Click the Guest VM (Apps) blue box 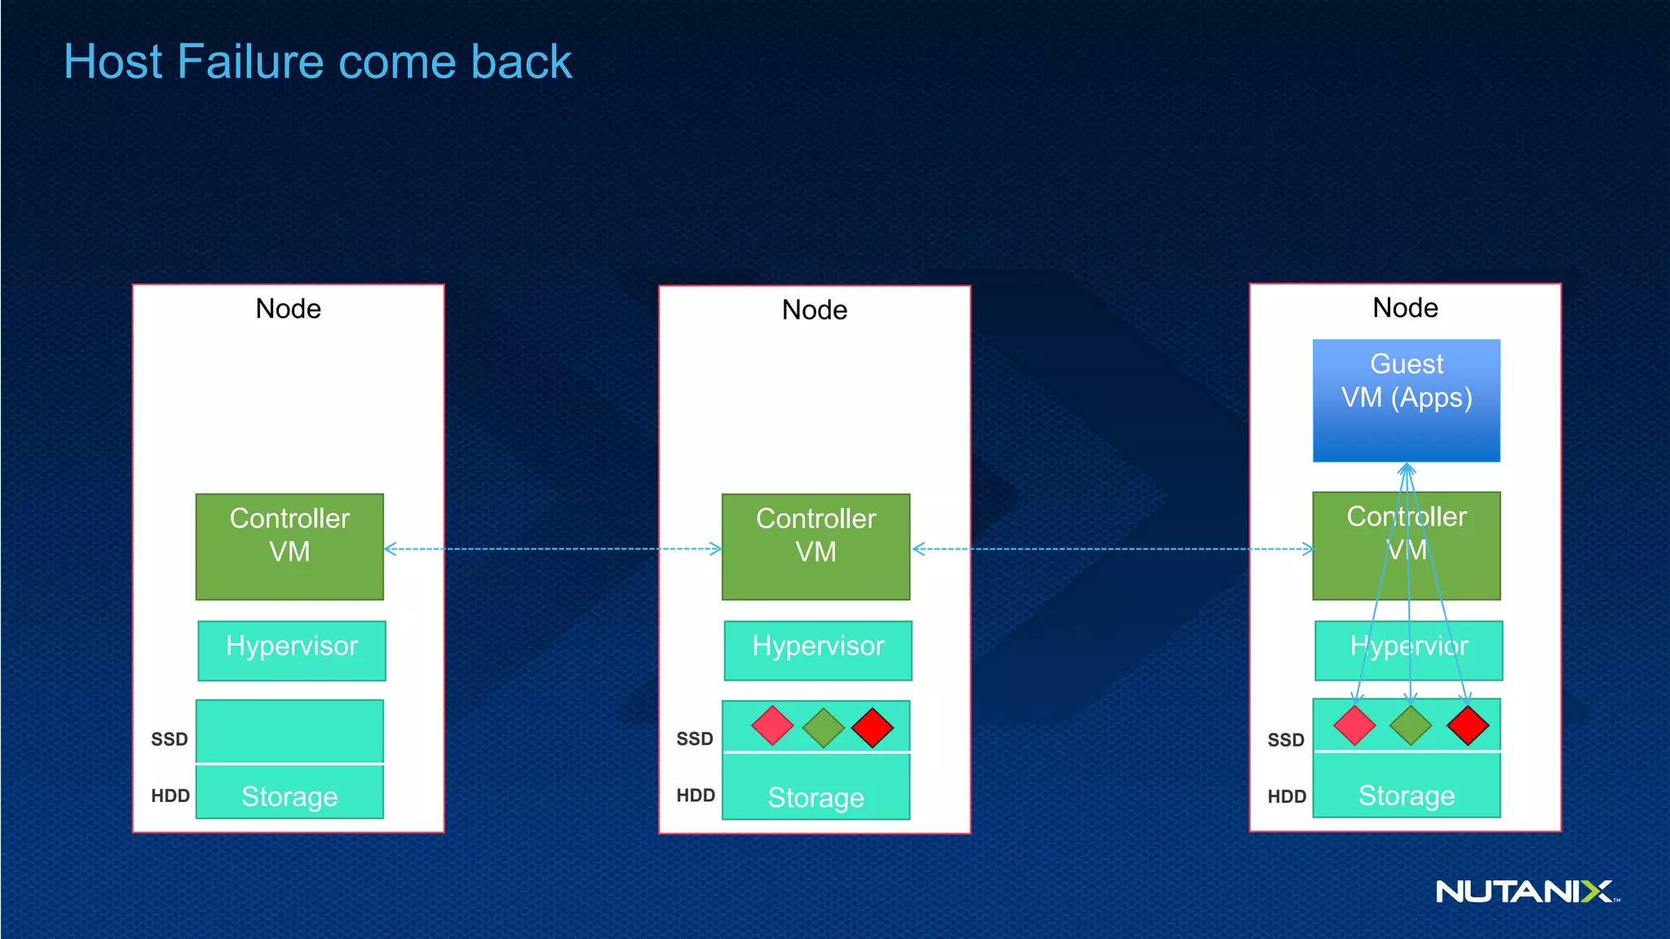1406,399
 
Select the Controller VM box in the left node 289,546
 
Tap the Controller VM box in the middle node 815,546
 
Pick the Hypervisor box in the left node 291,650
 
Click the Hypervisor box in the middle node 818,650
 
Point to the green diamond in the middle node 823,727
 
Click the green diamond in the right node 1410,725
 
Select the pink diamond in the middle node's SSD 772,725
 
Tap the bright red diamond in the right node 1468,725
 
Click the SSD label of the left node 169,739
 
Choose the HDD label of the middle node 695,796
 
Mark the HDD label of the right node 1286,796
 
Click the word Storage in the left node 289,796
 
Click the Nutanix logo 1525,891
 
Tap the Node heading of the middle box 814,310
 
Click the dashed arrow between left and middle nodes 552,549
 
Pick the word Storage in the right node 1406,796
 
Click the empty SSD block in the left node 289,731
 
